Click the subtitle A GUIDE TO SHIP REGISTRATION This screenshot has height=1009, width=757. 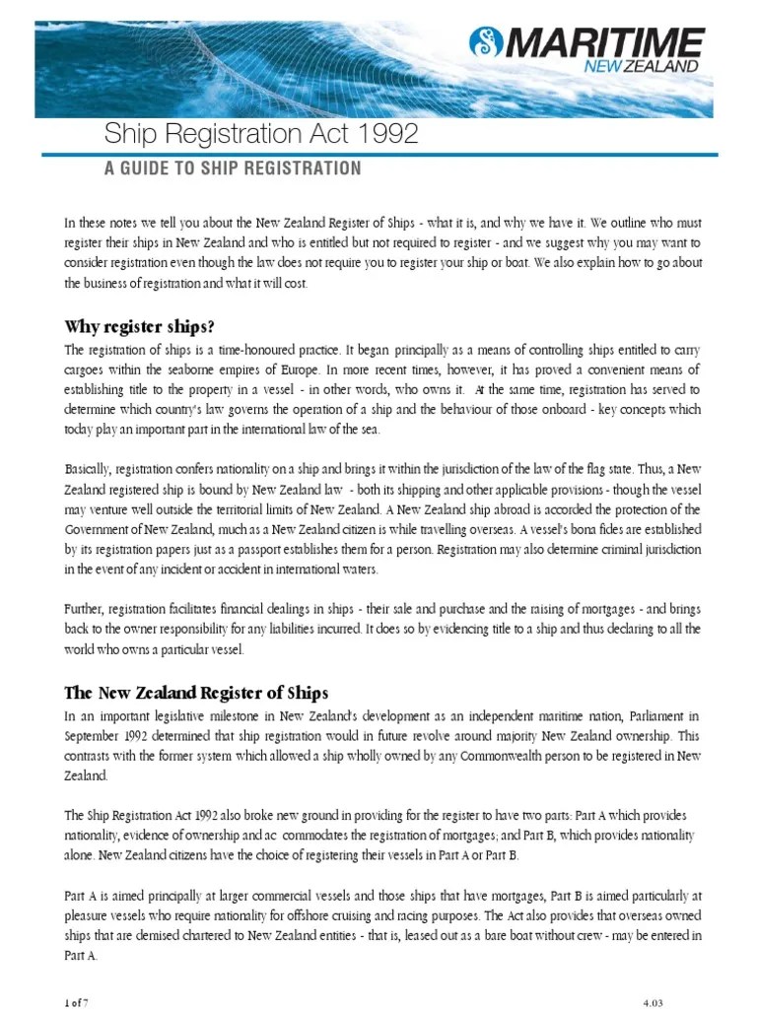233,168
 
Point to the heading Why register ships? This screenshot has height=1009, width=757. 138,326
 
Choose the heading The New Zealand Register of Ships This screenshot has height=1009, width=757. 196,692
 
